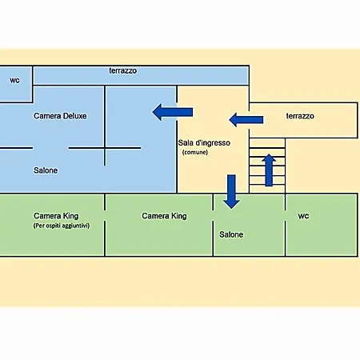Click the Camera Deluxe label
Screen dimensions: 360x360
tap(60, 116)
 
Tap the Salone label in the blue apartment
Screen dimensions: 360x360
tap(46, 170)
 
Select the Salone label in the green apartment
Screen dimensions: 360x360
tap(231, 234)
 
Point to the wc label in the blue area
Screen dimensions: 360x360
tap(14, 81)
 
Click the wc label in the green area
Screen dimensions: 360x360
tap(303, 216)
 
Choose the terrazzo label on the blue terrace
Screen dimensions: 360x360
tap(123, 70)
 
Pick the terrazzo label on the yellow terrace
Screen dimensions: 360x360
tap(300, 116)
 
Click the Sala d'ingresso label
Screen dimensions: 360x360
tap(204, 143)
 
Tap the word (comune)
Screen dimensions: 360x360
tap(195, 152)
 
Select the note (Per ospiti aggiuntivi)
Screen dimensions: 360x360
tap(62, 226)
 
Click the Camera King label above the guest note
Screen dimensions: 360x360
tap(56, 216)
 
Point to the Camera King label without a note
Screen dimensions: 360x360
tap(164, 216)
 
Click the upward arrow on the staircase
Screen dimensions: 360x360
tap(269, 170)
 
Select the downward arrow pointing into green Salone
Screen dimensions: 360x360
tap(231, 192)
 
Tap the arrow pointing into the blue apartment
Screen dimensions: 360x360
tap(173, 112)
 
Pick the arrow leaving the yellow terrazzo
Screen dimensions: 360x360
tap(246, 120)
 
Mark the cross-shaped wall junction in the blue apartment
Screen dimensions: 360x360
tap(105, 148)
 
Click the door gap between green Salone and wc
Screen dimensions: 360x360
tap(286, 215)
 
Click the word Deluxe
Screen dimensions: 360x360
tap(74, 116)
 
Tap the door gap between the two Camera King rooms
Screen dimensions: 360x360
tap(105, 215)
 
